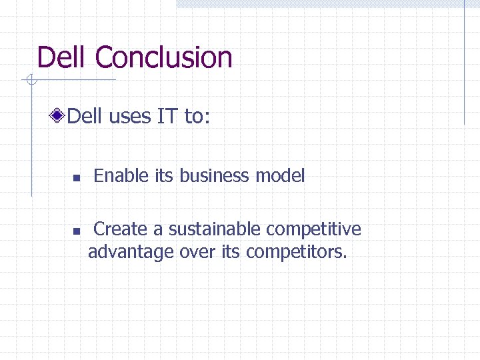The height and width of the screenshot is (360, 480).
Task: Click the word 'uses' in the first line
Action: point(129,117)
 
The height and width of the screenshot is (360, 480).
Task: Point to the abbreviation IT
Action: point(167,117)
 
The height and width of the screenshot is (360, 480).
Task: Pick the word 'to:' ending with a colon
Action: point(197,117)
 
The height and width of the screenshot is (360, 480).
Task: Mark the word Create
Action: point(121,229)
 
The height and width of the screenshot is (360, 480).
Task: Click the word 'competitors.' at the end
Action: point(297,253)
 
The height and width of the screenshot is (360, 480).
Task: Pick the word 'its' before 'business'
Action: point(163,176)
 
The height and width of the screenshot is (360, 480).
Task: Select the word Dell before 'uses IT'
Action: point(85,117)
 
